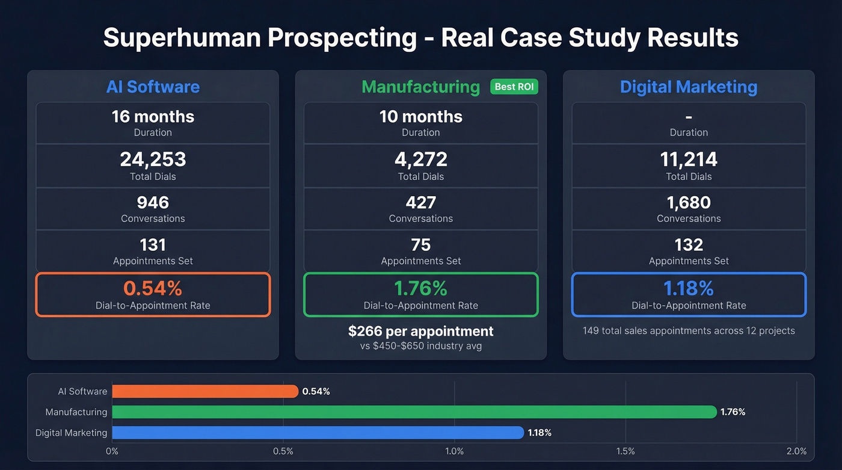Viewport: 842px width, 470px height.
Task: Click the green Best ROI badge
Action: pyautogui.click(x=514, y=87)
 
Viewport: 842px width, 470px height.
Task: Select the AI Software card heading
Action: pyautogui.click(x=153, y=87)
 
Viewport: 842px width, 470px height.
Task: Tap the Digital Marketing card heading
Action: pyautogui.click(x=689, y=87)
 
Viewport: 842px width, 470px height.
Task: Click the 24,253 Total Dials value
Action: pyautogui.click(x=153, y=159)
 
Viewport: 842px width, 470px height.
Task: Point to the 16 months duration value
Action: pyautogui.click(x=153, y=116)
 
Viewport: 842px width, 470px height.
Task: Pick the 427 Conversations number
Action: pyautogui.click(x=420, y=202)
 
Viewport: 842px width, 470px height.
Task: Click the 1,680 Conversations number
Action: pyautogui.click(x=689, y=202)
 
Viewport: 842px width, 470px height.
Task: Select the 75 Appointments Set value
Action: pyautogui.click(x=420, y=245)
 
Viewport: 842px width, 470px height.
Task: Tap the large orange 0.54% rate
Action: pyautogui.click(x=153, y=288)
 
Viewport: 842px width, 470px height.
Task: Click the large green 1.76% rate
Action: pyautogui.click(x=420, y=288)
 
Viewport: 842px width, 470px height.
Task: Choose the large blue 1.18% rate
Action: pyautogui.click(x=689, y=288)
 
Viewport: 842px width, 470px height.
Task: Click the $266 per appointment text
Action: pyautogui.click(x=420, y=331)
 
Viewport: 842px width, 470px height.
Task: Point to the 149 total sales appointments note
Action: pyautogui.click(x=689, y=331)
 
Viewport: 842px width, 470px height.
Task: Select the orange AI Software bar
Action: pyautogui.click(x=204, y=391)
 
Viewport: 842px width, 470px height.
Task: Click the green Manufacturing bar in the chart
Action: pyautogui.click(x=414, y=412)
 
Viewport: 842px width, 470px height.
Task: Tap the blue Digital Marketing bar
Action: pyautogui.click(x=318, y=433)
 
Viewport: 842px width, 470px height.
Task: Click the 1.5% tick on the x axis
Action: pyautogui.click(x=625, y=451)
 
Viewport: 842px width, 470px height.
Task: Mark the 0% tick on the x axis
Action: pyautogui.click(x=112, y=451)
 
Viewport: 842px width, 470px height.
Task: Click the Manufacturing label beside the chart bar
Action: pyautogui.click(x=76, y=412)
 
